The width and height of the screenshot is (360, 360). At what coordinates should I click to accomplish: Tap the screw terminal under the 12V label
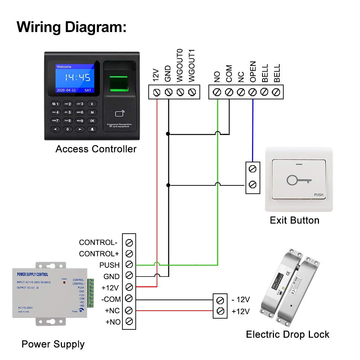pyautogui.click(x=157, y=92)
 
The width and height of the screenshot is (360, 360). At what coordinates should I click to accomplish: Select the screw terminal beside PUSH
pyautogui.click(x=130, y=265)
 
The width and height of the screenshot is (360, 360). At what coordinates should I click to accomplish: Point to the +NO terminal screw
pyautogui.click(x=130, y=321)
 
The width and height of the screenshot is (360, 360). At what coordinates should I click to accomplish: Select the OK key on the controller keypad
pyautogui.click(x=92, y=121)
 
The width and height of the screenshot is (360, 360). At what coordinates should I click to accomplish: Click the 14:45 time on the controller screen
pyautogui.click(x=77, y=77)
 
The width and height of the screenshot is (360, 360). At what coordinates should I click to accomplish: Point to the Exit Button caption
pyautogui.click(x=294, y=220)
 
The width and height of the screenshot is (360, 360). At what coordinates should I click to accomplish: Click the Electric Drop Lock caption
pyautogui.click(x=287, y=334)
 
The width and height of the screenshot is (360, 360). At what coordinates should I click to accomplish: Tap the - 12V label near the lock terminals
pyautogui.click(x=240, y=300)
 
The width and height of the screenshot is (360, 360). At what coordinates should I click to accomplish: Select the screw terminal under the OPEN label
pyautogui.click(x=253, y=92)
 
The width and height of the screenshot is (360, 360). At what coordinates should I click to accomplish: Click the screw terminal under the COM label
pyautogui.click(x=229, y=92)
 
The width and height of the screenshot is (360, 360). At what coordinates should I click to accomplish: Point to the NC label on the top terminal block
pyautogui.click(x=241, y=76)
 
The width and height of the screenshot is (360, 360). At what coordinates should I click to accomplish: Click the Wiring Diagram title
pyautogui.click(x=72, y=27)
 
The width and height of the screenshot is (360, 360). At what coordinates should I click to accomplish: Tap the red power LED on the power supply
pyautogui.click(x=64, y=283)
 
